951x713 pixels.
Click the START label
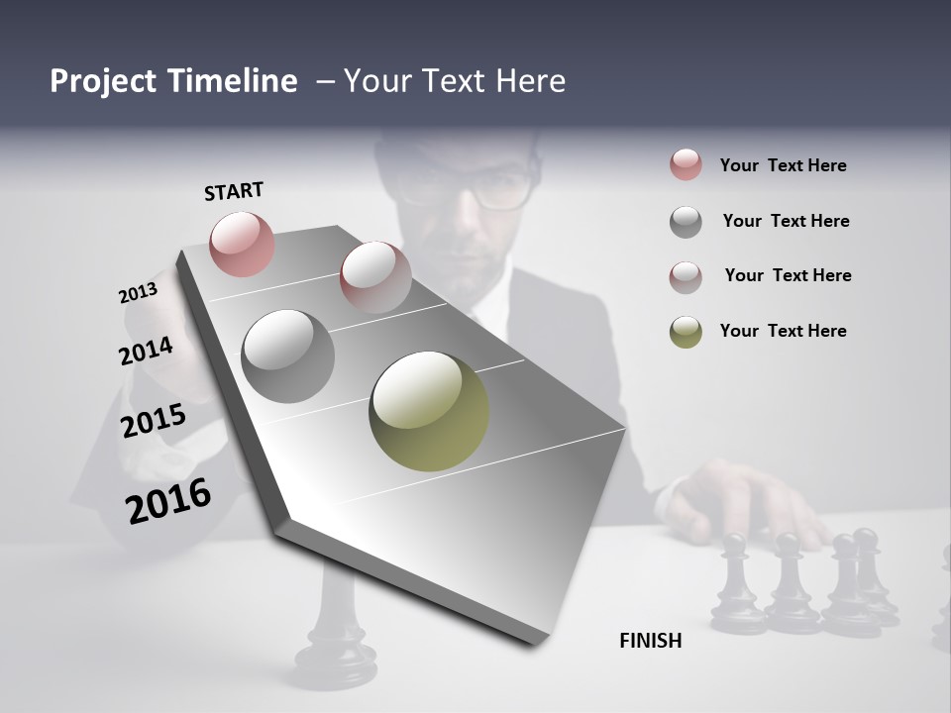coord(234,191)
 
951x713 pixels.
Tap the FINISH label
coord(650,641)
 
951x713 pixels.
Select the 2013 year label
coord(138,293)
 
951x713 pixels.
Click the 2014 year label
coord(146,352)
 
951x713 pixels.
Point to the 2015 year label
coord(154,421)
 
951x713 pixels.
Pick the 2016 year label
coord(168,501)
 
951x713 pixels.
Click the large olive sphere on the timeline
coord(429,411)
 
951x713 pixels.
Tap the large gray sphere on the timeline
coord(287,356)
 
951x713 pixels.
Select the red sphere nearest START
coord(242,244)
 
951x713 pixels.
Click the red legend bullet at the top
coord(686,164)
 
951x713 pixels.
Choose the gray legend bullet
coord(686,222)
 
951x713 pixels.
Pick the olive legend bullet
coord(686,332)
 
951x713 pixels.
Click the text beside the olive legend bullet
coord(783,331)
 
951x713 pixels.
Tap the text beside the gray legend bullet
coord(786,221)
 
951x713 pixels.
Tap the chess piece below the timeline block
coord(337,634)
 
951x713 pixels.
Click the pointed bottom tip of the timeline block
coord(535,644)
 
